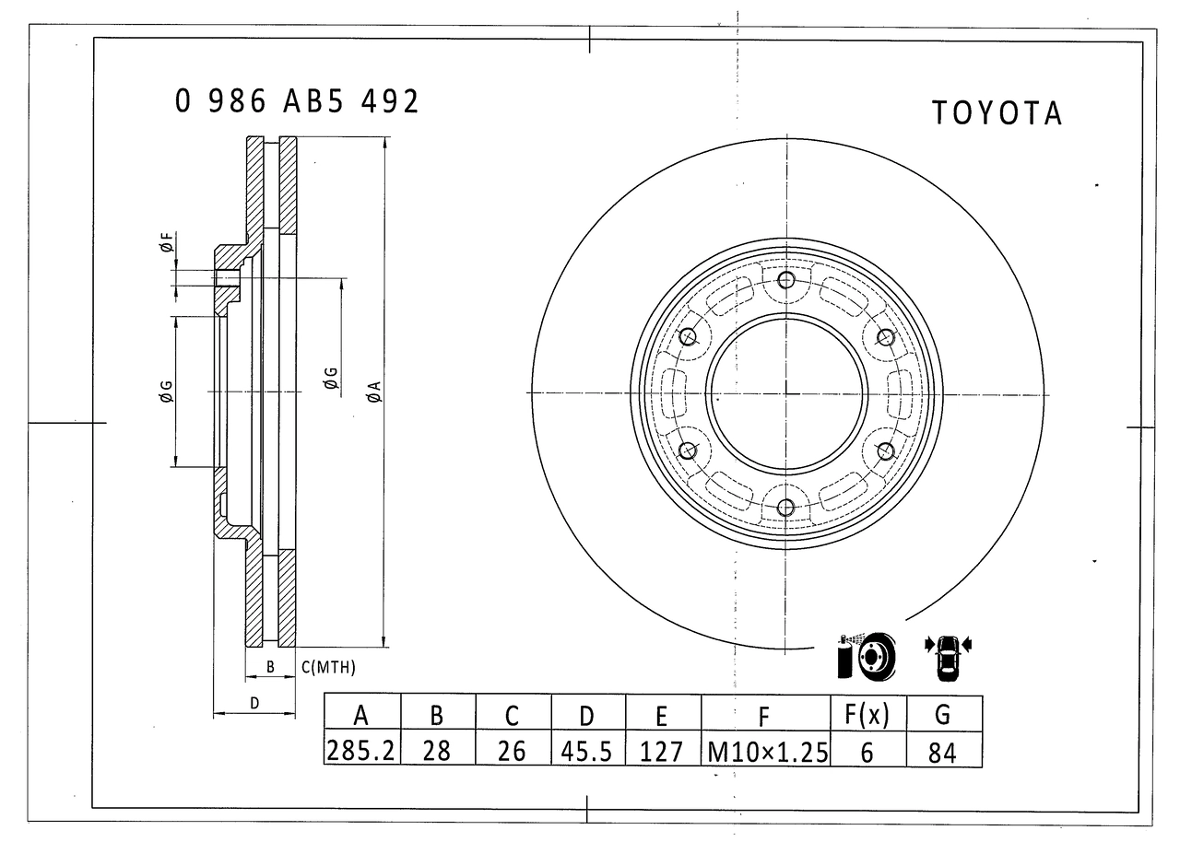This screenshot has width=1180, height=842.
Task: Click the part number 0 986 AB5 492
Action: (x=297, y=101)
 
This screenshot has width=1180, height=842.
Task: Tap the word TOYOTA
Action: (x=997, y=113)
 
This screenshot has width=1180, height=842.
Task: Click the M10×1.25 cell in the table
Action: (x=766, y=751)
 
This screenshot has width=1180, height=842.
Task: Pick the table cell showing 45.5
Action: (x=588, y=750)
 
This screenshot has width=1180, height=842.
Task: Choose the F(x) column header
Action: (x=867, y=714)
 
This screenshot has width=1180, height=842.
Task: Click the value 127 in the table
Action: (x=663, y=751)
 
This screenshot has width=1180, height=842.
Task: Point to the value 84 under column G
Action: (x=943, y=752)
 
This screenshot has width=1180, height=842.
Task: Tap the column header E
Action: (x=663, y=715)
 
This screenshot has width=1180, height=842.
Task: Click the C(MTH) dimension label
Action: (x=329, y=668)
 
